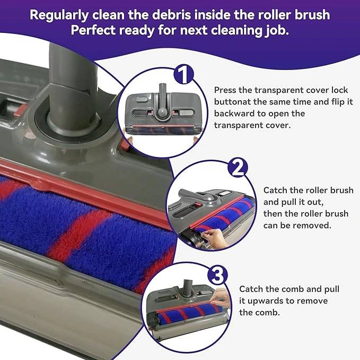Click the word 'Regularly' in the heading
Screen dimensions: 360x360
(x=59, y=15)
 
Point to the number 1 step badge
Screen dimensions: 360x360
(x=183, y=74)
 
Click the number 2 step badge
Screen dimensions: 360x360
(x=238, y=168)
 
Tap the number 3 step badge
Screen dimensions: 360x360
(x=217, y=275)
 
